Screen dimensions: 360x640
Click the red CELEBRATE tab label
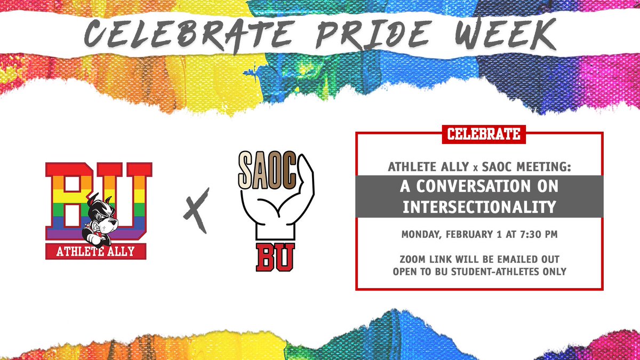click(484, 133)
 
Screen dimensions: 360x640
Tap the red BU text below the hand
click(275, 257)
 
